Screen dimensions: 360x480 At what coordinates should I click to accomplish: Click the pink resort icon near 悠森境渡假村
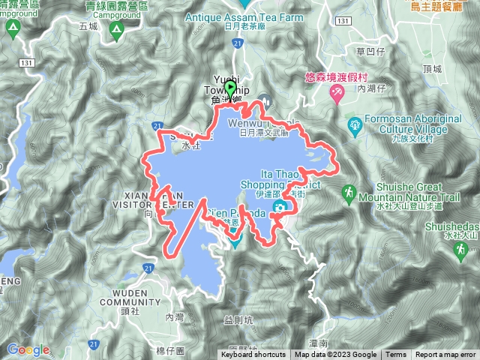pos(337,92)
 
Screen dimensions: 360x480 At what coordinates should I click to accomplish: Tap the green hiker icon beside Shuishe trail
pos(349,194)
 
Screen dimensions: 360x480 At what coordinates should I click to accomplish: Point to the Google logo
pos(28,349)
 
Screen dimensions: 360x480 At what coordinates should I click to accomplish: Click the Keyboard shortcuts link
pos(253,355)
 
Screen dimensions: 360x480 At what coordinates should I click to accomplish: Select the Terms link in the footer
pos(396,355)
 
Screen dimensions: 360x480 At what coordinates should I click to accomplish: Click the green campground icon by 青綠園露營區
pos(115,30)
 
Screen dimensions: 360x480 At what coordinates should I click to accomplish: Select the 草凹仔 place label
pos(371,52)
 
